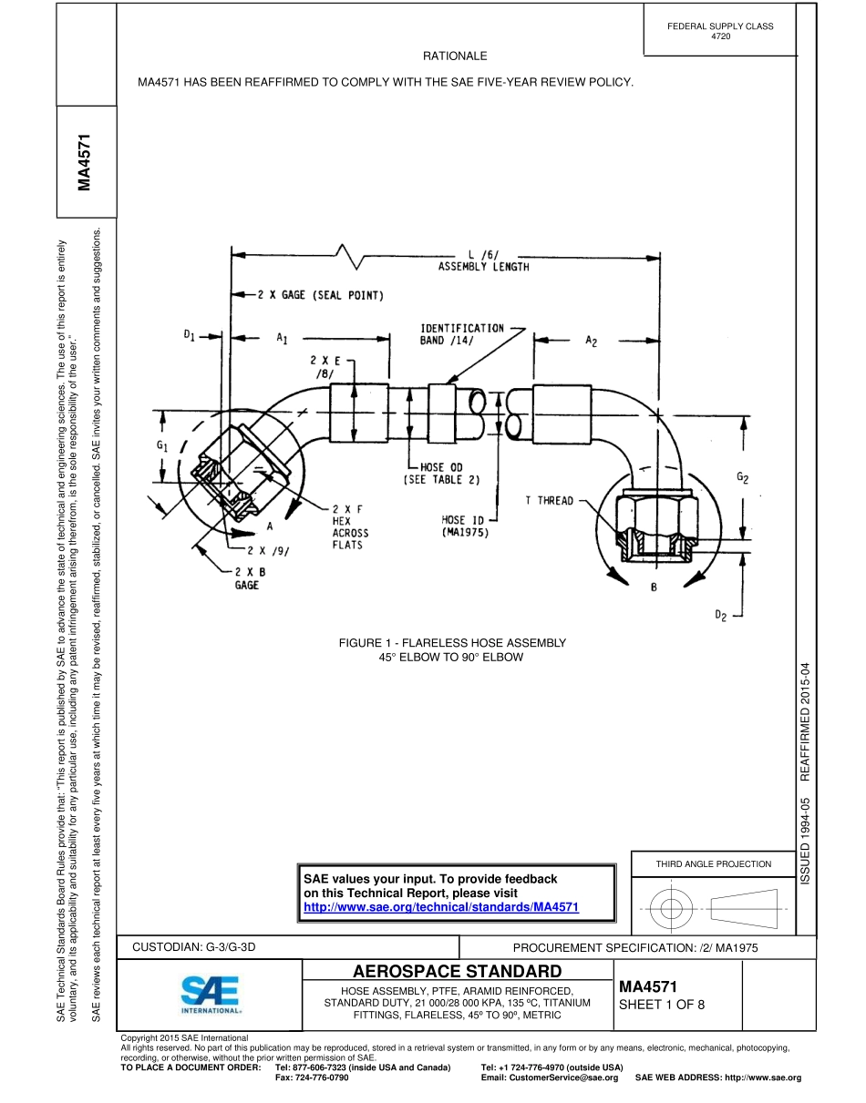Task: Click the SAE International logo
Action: pyautogui.click(x=211, y=996)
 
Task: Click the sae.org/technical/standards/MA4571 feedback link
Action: pyautogui.click(x=441, y=907)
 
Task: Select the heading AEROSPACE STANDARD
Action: pyautogui.click(x=457, y=971)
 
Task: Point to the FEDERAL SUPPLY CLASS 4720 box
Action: pyautogui.click(x=720, y=31)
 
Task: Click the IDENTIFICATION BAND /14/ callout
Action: pyautogui.click(x=462, y=333)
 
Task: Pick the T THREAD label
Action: pyautogui.click(x=550, y=501)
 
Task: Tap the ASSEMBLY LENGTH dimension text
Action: pyautogui.click(x=483, y=268)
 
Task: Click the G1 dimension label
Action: pyautogui.click(x=162, y=445)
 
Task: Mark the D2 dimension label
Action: pyautogui.click(x=720, y=617)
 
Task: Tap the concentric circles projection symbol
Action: pyautogui.click(x=671, y=908)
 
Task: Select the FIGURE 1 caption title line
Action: pyautogui.click(x=452, y=643)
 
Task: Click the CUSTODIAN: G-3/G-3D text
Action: pyautogui.click(x=194, y=947)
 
